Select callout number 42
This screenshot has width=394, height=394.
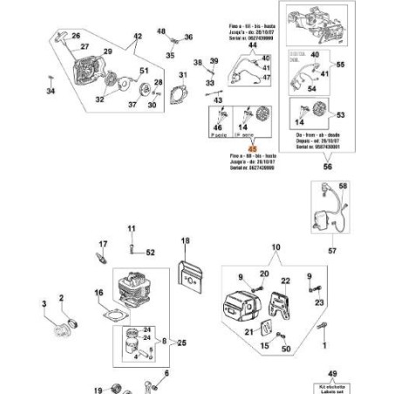pos(137,37)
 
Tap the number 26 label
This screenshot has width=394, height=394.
pos(75,36)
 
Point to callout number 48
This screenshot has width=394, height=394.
pos(160,31)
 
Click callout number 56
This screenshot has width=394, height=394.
pos(328,166)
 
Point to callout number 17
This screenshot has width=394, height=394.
pos(102,244)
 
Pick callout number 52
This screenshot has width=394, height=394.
pos(150,253)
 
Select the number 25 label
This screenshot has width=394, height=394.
pos(181,343)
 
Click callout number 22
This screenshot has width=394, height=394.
pos(284,281)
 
